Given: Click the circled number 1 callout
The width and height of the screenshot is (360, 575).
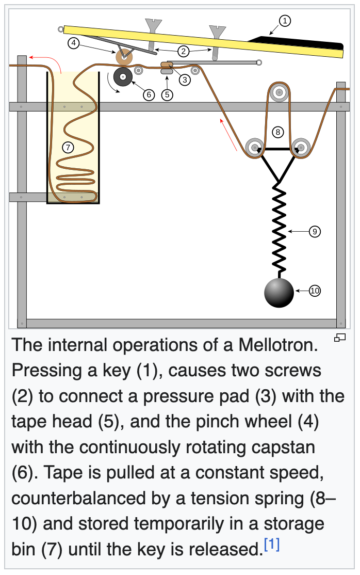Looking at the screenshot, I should (285, 21).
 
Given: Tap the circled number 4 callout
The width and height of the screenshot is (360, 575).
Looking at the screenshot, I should (74, 43).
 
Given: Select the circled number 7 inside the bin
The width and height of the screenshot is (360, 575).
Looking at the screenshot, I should (67, 147).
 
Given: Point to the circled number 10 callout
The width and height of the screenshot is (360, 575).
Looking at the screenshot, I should (315, 291).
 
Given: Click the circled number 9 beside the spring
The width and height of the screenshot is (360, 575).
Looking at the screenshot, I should (315, 232).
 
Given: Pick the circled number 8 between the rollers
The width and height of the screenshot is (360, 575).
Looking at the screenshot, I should (278, 132).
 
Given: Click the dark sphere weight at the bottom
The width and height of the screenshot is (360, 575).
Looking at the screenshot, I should (279, 293).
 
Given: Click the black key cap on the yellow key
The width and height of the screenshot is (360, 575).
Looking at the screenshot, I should (299, 42).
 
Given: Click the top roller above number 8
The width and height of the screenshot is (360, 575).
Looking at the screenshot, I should (279, 93).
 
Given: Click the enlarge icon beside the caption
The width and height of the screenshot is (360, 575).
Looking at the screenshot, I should (339, 338).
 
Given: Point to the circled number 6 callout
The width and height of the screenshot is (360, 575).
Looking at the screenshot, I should (149, 95).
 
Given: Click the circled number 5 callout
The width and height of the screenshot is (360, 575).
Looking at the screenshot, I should (167, 95).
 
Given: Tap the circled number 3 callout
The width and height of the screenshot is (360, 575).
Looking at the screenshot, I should (185, 80).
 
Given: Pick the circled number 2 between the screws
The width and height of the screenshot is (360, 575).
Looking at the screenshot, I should (183, 51).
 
